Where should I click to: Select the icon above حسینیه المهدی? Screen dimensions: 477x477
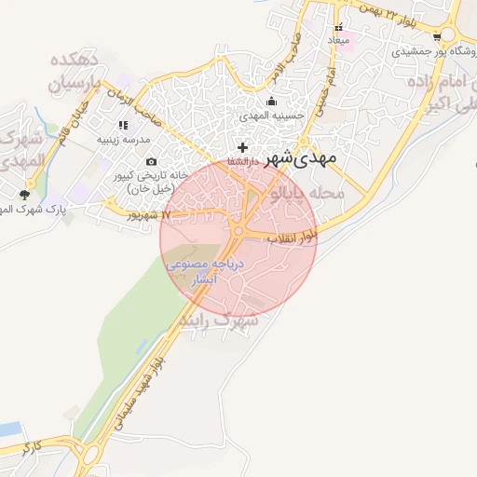(x=271, y=102)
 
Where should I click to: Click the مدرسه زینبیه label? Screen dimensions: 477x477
(x=123, y=140)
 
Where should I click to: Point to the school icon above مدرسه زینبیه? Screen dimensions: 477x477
(x=123, y=125)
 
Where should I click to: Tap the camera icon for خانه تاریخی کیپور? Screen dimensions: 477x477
(x=151, y=162)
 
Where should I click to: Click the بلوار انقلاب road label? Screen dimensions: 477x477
(x=293, y=238)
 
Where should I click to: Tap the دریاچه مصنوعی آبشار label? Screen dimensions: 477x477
(x=205, y=271)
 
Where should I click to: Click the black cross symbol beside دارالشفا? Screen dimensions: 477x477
(x=243, y=147)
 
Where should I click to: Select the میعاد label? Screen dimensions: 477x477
(x=338, y=41)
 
